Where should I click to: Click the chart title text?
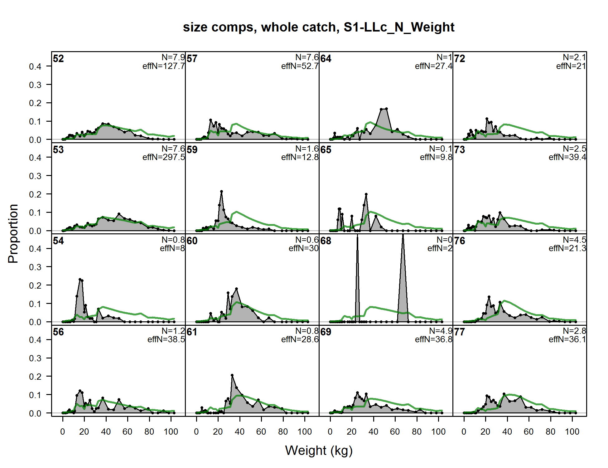pyautogui.click(x=318, y=27)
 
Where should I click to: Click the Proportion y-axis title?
pyautogui.click(x=13, y=233)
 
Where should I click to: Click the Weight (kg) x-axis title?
pyautogui.click(x=319, y=450)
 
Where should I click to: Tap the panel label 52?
pyautogui.click(x=58, y=59)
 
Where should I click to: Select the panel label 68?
pyautogui.click(x=326, y=241)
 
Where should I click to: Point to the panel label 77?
pyautogui.click(x=460, y=332)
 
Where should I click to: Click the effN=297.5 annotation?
pyautogui.click(x=164, y=157)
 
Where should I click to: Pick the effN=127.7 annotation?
pyautogui.click(x=164, y=66)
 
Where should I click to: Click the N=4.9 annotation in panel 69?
pyautogui.click(x=441, y=331)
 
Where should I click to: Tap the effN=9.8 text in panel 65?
pyautogui.click(x=436, y=157)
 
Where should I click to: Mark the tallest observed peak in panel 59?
pyautogui.click(x=221, y=191)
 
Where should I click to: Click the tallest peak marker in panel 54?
pyautogui.click(x=80, y=280)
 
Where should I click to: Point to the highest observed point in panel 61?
pyautogui.click(x=232, y=375)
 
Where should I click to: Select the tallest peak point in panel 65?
pyautogui.click(x=366, y=194)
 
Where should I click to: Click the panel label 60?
pyautogui.click(x=192, y=241)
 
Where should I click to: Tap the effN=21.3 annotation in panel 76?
pyautogui.click(x=567, y=248)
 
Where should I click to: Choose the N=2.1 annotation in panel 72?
pyautogui.click(x=574, y=57)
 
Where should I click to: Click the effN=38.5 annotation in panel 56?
pyautogui.click(x=166, y=339)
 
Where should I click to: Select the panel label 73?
pyautogui.click(x=460, y=150)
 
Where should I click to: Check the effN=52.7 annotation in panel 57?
pyautogui.click(x=300, y=66)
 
